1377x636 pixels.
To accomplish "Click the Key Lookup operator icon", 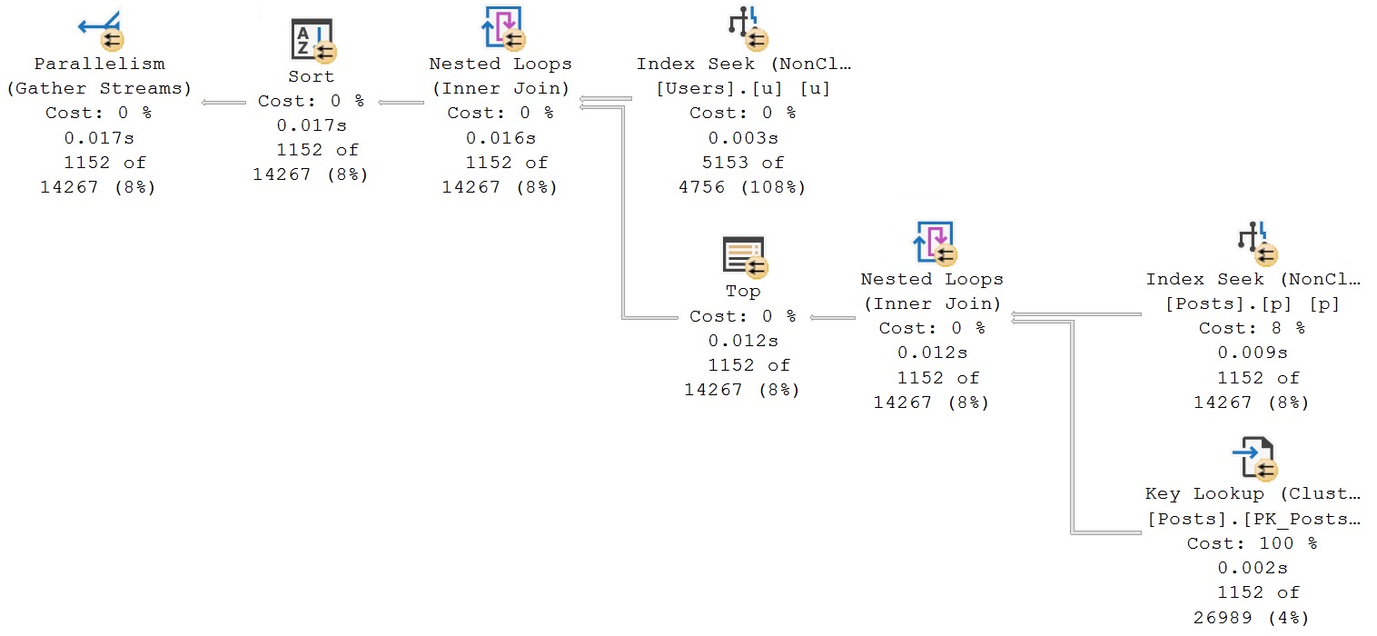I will click(1253, 458).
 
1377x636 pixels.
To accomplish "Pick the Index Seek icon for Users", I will click(746, 27).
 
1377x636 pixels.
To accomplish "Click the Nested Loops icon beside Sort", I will click(501, 27).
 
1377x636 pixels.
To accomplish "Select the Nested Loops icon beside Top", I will click(932, 243).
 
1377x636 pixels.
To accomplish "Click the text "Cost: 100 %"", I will click(1252, 543).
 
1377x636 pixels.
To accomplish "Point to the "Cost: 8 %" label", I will click(1252, 328).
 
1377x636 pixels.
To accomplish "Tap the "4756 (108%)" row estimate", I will click(742, 187).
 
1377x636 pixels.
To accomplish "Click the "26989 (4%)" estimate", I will click(1252, 618).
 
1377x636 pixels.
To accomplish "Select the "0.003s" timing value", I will click(742, 138).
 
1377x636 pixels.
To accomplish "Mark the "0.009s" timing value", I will click(1252, 353).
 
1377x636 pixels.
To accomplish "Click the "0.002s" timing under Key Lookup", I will click(1252, 568).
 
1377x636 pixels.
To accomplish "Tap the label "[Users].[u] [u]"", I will click(742, 88).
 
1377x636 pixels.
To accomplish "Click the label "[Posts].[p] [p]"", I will click(1252, 303).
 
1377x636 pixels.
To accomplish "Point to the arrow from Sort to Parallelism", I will click(223, 102).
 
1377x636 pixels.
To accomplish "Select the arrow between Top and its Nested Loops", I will click(832, 317).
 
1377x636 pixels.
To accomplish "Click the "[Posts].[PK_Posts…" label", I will click(1253, 519).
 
